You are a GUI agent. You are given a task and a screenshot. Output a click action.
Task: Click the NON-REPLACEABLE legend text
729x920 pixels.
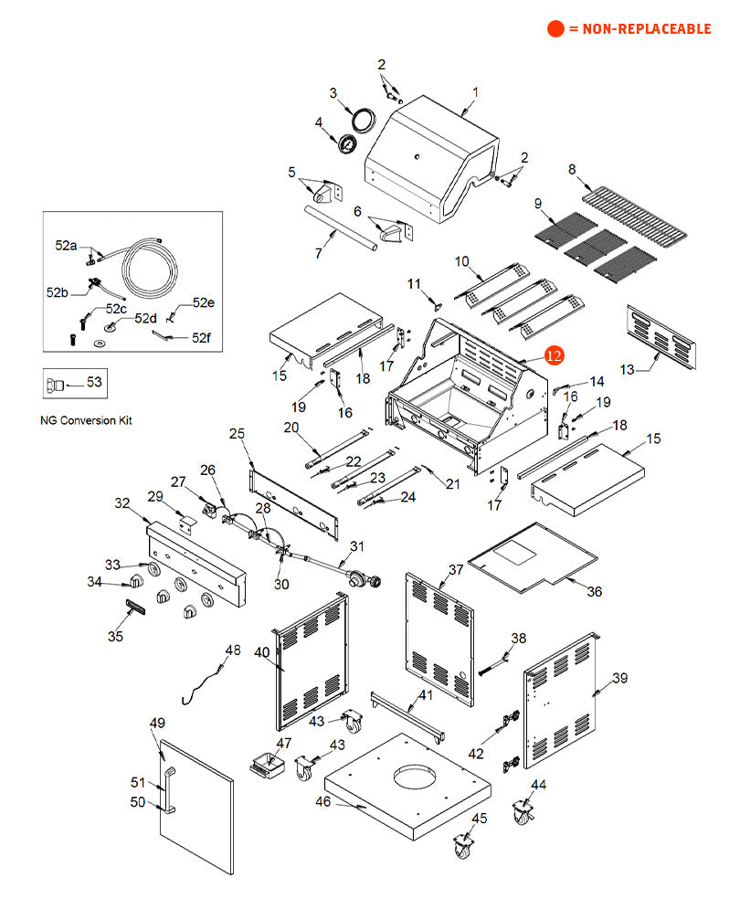coord(639,29)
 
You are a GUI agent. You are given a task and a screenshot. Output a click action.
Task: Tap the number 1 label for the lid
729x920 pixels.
coord(476,92)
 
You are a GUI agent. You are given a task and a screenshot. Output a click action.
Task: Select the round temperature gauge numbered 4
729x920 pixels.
coord(348,144)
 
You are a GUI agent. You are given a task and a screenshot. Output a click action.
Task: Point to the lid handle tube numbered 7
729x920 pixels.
coord(338,232)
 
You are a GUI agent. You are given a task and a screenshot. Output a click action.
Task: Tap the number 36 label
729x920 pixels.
coord(595,591)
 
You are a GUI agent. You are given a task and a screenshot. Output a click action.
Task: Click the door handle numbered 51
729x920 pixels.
coord(167,789)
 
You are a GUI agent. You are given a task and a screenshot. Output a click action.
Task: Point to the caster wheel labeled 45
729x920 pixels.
coord(464,846)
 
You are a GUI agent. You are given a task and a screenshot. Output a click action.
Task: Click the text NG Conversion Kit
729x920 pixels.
coord(87,420)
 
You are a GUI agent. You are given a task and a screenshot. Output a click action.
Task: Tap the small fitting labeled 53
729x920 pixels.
coord(58,385)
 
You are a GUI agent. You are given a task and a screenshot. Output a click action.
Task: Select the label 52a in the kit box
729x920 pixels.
coord(66,246)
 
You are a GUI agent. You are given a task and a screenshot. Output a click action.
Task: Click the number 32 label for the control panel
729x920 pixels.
coord(122,502)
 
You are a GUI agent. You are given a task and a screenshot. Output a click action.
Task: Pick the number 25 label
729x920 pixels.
coord(238,432)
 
